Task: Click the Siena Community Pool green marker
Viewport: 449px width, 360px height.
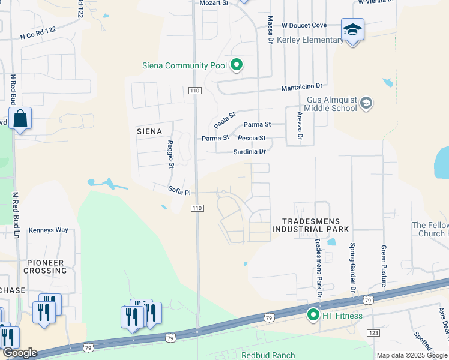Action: click(x=237, y=65)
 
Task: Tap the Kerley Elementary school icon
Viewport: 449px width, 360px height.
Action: click(x=352, y=29)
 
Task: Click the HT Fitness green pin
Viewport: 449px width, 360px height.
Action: click(x=313, y=314)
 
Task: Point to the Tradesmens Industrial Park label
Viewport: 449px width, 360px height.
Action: click(x=310, y=225)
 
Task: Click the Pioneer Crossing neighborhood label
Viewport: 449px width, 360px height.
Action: click(x=45, y=266)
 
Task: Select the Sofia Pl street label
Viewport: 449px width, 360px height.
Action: click(x=179, y=193)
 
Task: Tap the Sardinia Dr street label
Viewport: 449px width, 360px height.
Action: click(x=249, y=152)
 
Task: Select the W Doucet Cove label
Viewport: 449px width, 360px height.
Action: click(x=304, y=25)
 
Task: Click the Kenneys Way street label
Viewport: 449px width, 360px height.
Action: click(x=49, y=230)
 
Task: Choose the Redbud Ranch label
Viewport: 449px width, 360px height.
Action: click(x=268, y=355)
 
